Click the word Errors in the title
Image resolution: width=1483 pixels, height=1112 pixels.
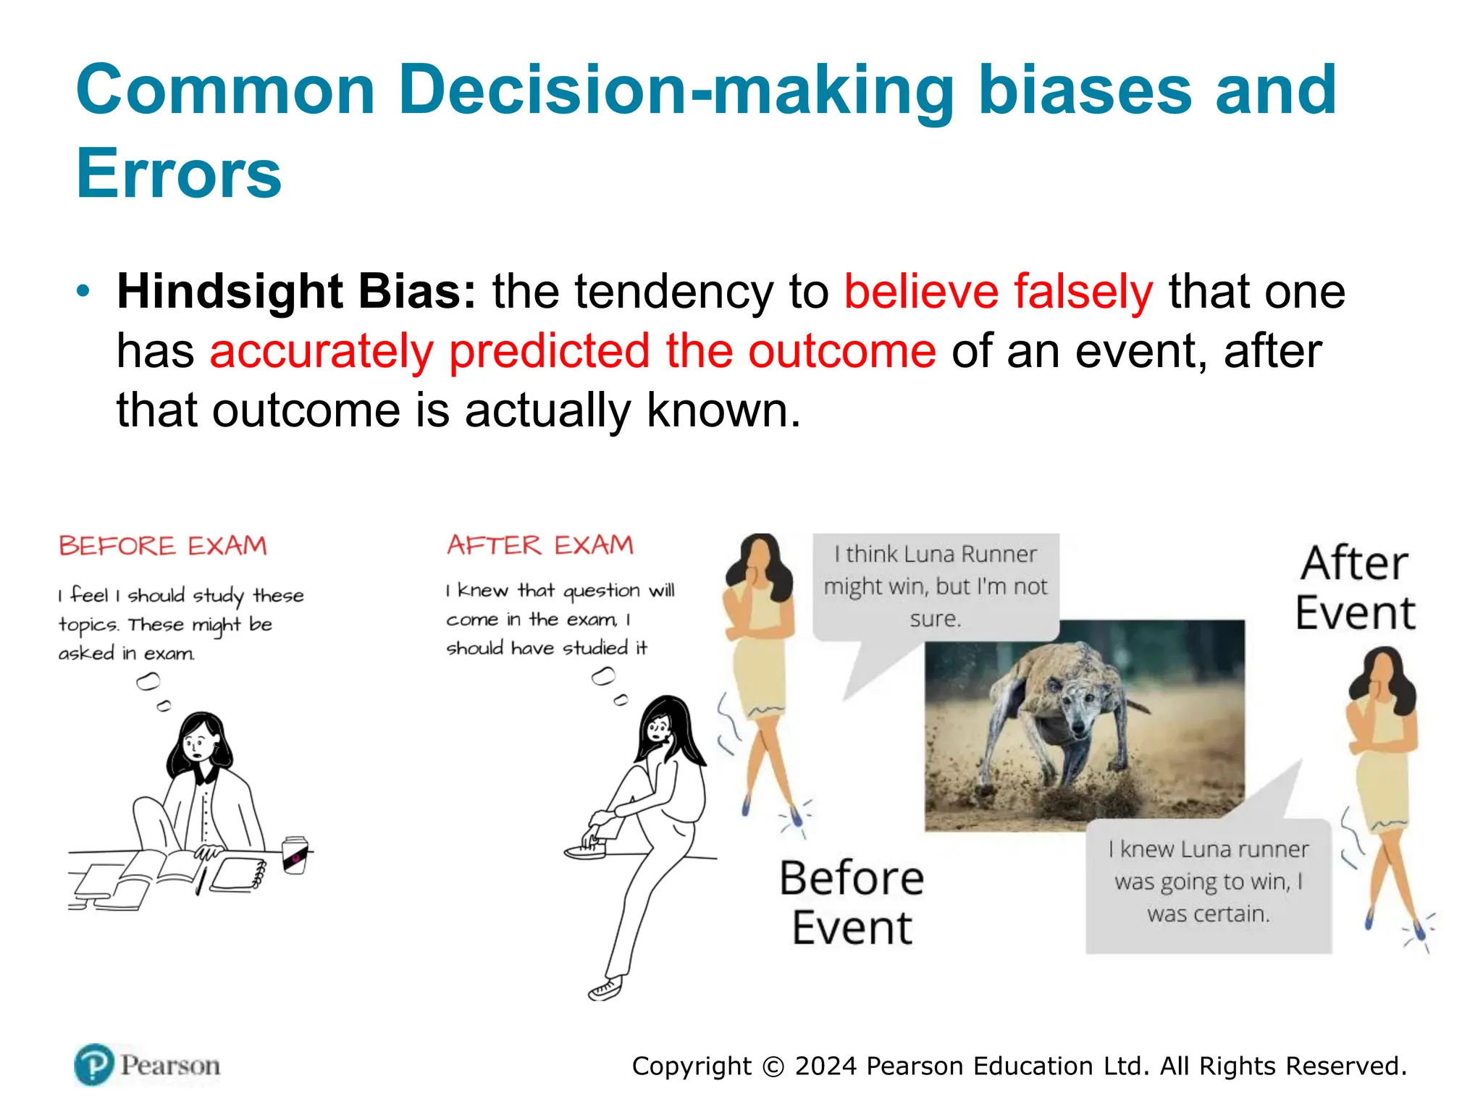178,174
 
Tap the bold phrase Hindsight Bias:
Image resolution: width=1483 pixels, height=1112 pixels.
296,292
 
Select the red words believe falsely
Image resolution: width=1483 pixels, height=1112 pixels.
998,292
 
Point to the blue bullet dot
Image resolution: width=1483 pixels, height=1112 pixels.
84,292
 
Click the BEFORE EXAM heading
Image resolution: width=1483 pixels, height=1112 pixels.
163,546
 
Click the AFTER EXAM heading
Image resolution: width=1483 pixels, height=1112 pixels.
540,545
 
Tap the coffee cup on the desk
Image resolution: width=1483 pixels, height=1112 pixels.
295,855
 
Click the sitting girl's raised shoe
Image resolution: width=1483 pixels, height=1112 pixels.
584,850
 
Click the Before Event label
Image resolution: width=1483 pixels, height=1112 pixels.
852,903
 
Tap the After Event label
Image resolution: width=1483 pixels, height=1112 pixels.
1354,588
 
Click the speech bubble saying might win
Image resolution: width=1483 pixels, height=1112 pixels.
935,586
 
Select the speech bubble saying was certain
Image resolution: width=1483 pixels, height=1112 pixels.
1209,882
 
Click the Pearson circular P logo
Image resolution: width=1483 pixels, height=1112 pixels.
94,1065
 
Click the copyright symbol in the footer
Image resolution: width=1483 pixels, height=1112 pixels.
773,1067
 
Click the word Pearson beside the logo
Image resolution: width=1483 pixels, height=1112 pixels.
170,1066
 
